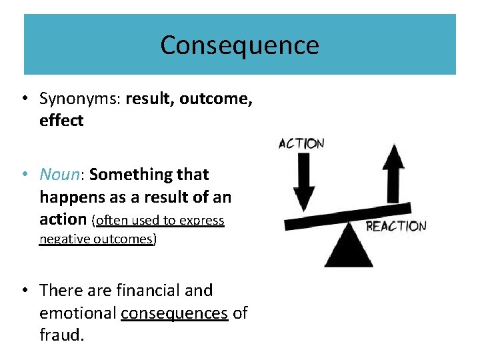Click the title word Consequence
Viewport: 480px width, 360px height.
point(239,45)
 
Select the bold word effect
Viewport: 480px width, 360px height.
point(61,121)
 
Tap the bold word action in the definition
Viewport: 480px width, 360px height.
point(63,219)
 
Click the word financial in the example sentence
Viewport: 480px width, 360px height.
point(140,291)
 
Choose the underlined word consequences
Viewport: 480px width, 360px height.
point(175,313)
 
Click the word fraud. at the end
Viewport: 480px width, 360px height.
point(62,335)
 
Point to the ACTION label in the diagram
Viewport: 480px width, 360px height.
point(301,143)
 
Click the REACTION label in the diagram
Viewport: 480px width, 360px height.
point(396,226)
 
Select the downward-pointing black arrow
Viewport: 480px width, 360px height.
point(303,180)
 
